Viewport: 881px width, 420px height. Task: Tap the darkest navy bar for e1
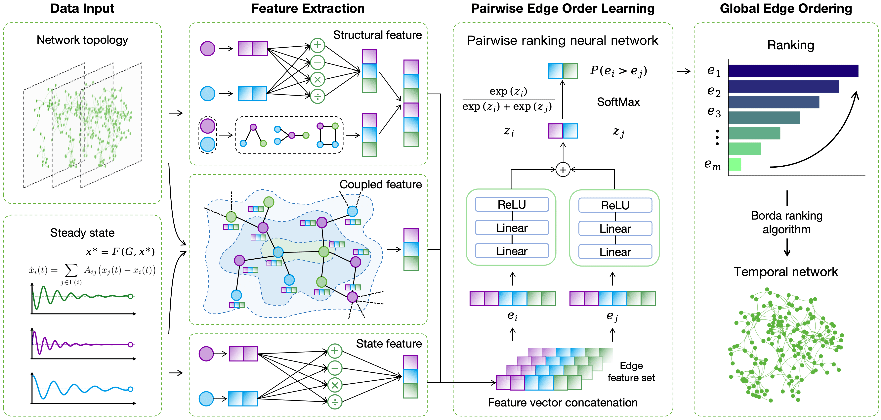click(793, 71)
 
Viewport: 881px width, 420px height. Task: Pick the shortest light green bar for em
click(735, 164)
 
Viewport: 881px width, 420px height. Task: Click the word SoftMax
click(618, 102)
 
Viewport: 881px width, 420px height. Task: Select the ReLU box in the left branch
click(512, 205)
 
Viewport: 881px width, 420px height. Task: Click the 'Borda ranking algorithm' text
click(787, 222)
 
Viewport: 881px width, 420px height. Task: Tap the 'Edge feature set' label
click(631, 372)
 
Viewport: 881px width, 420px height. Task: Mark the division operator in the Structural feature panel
click(317, 97)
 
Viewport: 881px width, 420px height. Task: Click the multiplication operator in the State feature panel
click(335, 385)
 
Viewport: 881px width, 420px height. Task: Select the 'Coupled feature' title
click(380, 184)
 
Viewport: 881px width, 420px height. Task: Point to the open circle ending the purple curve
click(130, 344)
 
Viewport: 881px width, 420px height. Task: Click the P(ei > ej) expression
click(618, 71)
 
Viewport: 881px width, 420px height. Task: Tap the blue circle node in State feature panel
click(206, 399)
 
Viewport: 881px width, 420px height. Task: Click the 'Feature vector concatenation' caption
click(563, 402)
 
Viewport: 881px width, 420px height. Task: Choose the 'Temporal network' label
click(786, 272)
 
